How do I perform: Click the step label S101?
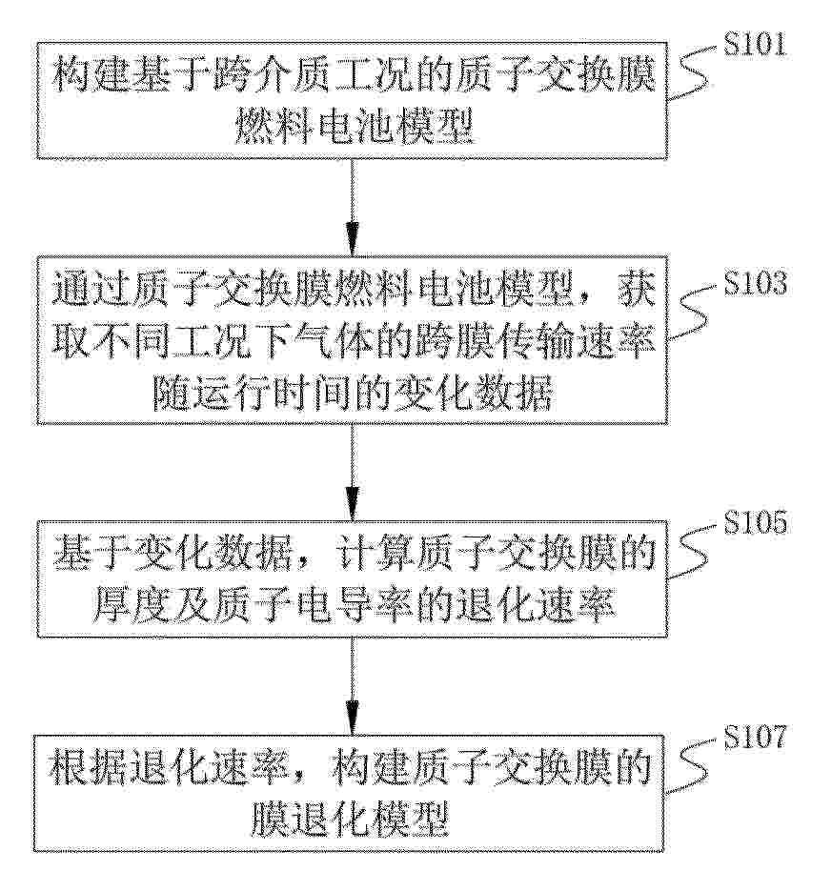point(755,45)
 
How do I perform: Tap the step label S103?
point(755,283)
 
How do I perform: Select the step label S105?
point(755,522)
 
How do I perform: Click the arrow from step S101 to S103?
point(352,207)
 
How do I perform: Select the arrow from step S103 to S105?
point(352,472)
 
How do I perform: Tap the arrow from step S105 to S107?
point(352,685)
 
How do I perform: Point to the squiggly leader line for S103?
point(693,313)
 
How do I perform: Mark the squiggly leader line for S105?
point(693,551)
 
